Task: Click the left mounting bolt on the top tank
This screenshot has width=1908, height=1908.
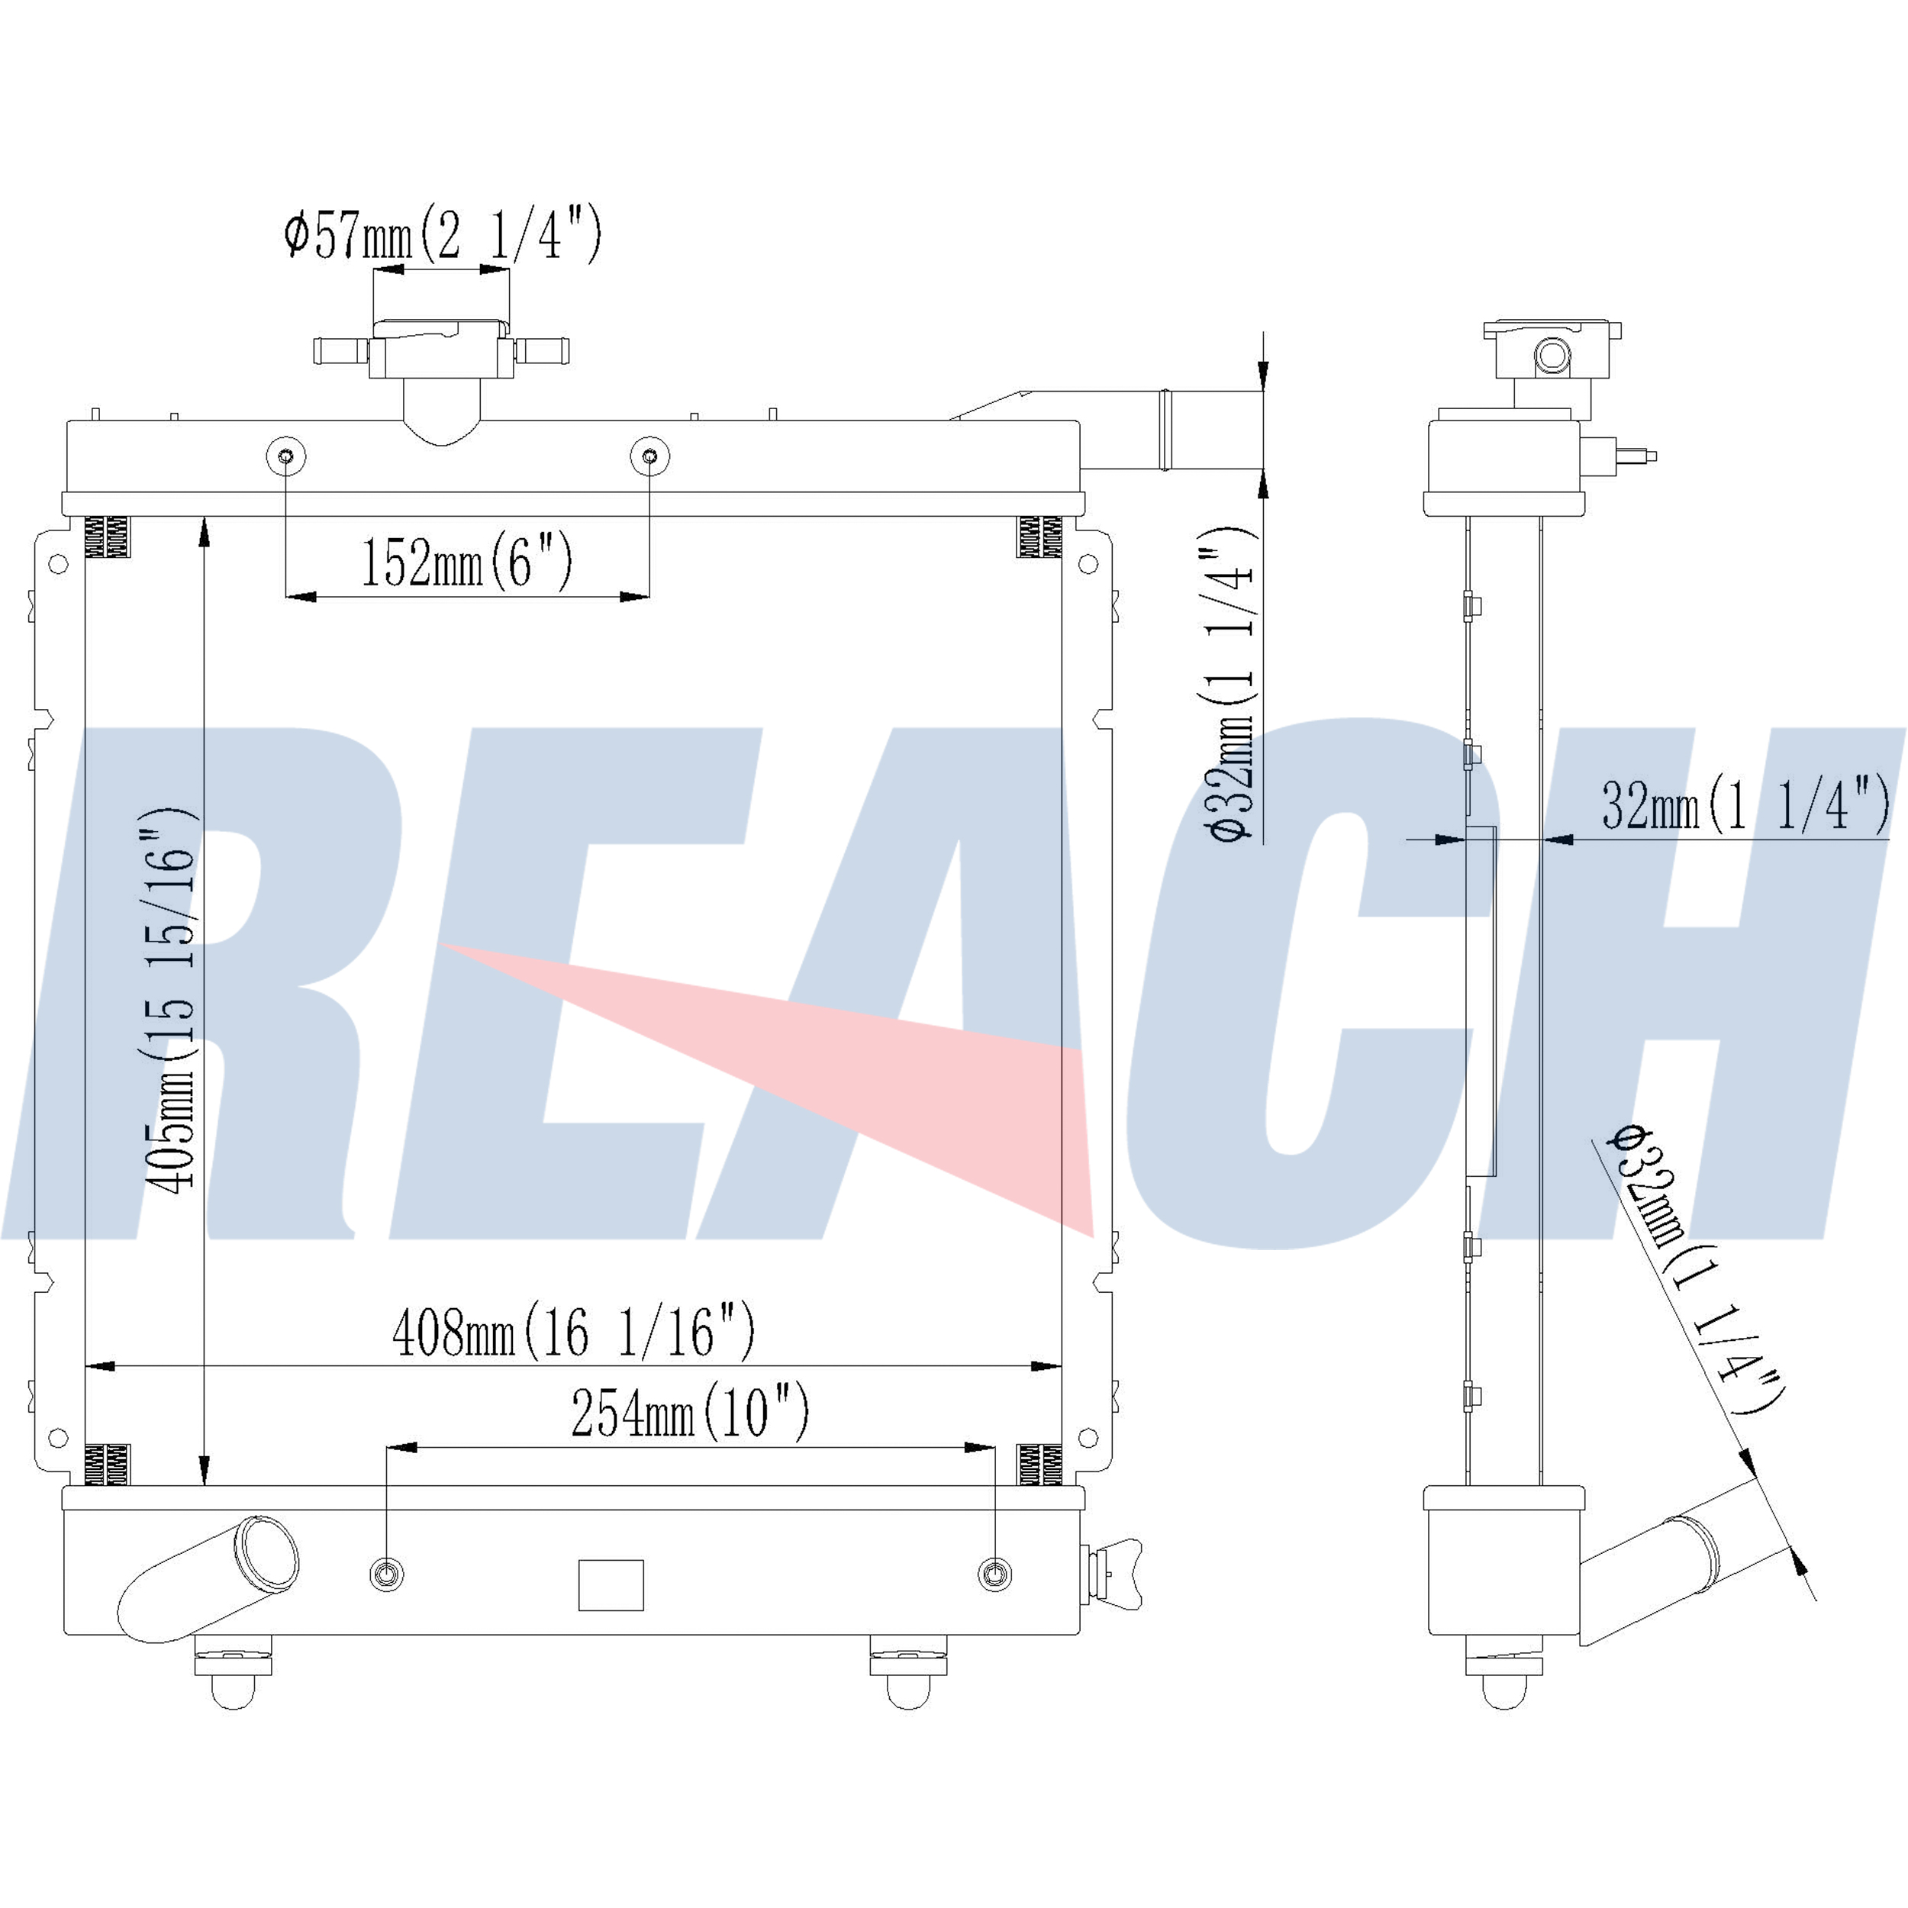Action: click(x=286, y=456)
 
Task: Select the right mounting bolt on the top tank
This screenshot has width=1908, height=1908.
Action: click(x=649, y=456)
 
